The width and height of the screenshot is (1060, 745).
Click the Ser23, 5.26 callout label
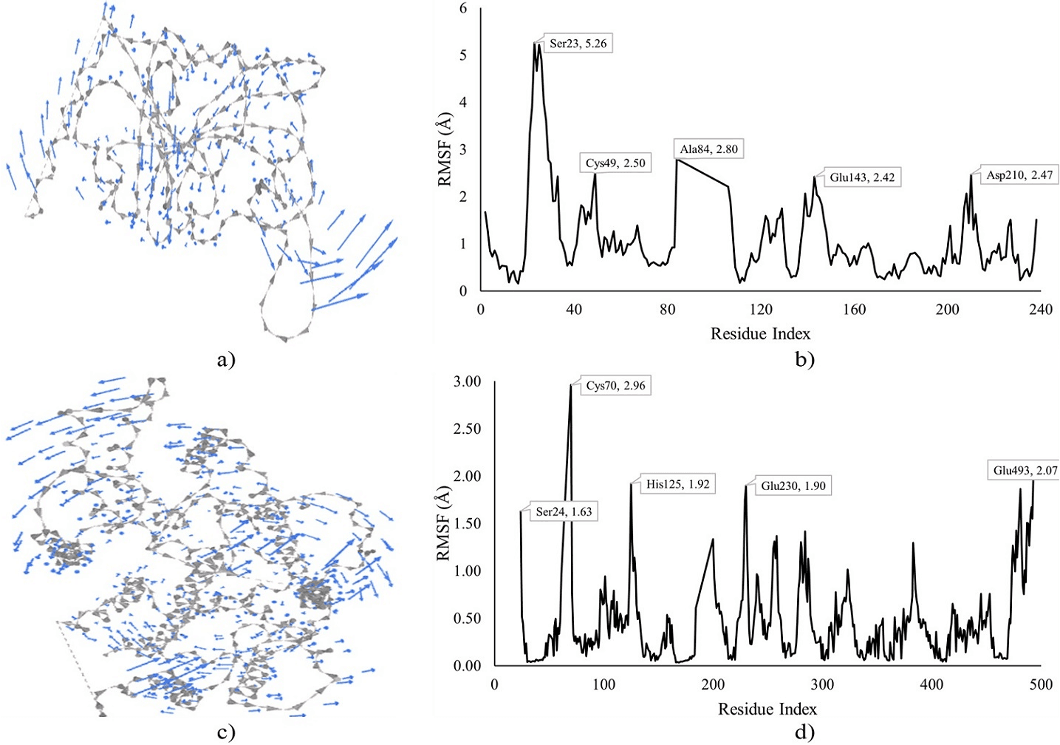pyautogui.click(x=578, y=44)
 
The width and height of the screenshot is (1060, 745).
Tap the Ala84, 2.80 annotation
pyautogui.click(x=708, y=149)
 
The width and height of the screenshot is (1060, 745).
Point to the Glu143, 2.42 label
pyautogui.click(x=861, y=177)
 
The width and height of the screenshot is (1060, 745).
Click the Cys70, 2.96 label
pyautogui.click(x=615, y=386)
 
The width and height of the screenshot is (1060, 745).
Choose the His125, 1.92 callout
pyautogui.click(x=677, y=485)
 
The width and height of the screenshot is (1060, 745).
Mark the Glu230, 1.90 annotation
pyautogui.click(x=793, y=486)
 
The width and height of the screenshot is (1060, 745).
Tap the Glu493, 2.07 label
pyautogui.click(x=1025, y=471)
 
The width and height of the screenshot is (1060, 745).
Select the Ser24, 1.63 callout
pyautogui.click(x=564, y=511)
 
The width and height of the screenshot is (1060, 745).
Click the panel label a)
pyautogui.click(x=226, y=360)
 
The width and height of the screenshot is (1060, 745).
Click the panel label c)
pyautogui.click(x=226, y=732)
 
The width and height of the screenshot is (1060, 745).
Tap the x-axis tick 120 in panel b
pyautogui.click(x=760, y=310)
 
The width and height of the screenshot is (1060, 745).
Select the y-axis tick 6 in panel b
pyautogui.click(x=463, y=8)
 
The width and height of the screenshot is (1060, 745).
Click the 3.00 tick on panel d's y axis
pyautogui.click(x=466, y=381)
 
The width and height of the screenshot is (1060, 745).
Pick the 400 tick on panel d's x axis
pyautogui.click(x=931, y=684)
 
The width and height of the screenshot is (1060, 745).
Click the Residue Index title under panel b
pyautogui.click(x=760, y=334)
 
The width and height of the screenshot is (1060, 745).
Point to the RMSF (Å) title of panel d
pyautogui.click(x=444, y=523)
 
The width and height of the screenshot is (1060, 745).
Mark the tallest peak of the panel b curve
pyautogui.click(x=534, y=44)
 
